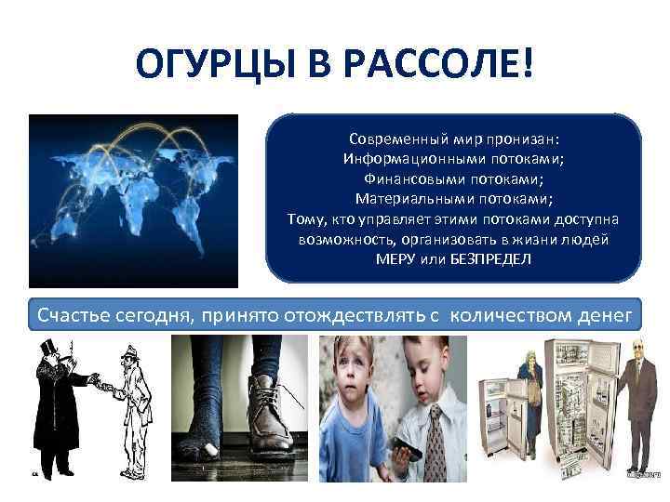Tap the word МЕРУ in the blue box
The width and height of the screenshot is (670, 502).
click(x=396, y=258)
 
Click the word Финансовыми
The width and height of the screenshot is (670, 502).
click(x=408, y=178)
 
